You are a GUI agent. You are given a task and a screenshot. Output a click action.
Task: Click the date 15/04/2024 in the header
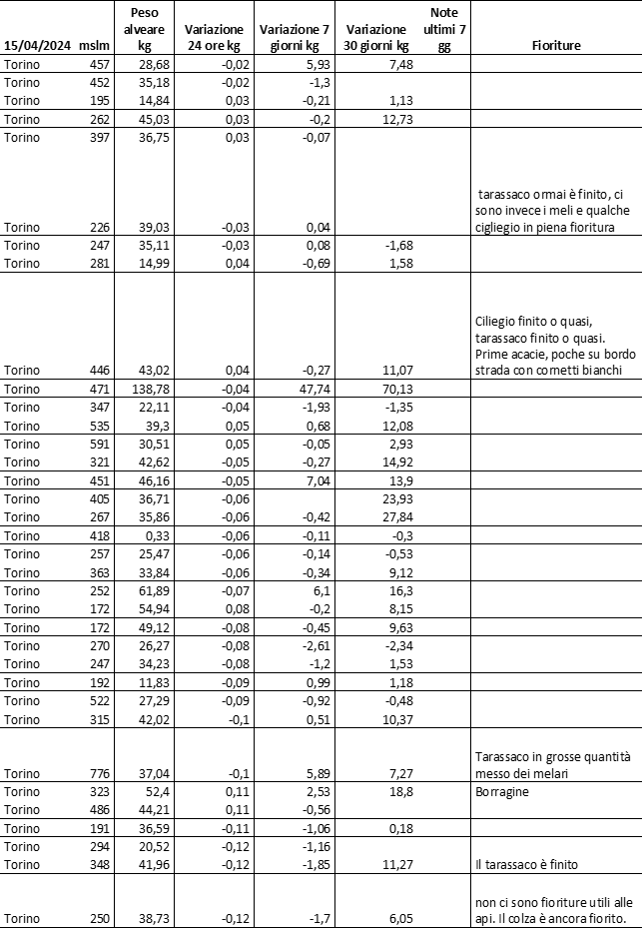36,45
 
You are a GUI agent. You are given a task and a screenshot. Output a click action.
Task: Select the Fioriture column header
556,45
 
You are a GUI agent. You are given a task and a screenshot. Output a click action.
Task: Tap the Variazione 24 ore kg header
214,37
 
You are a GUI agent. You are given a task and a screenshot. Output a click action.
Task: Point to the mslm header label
92,45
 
